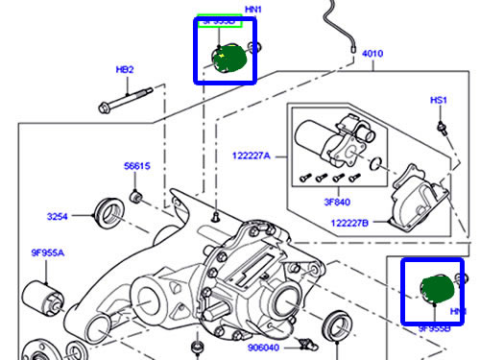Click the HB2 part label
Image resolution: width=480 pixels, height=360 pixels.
125,70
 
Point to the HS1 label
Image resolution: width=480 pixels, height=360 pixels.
439,100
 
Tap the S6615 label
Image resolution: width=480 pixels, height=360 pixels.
137,166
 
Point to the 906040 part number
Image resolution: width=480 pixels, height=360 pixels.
262,348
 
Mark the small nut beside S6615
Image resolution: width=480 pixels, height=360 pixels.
137,197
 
